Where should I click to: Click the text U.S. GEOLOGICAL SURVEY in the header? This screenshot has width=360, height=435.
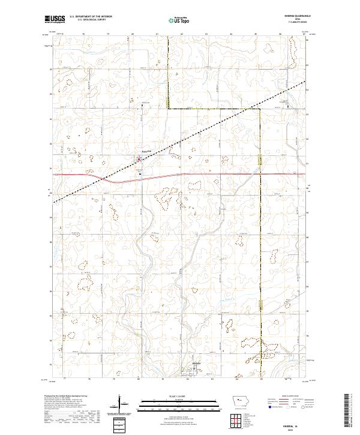click(x=91, y=20)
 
